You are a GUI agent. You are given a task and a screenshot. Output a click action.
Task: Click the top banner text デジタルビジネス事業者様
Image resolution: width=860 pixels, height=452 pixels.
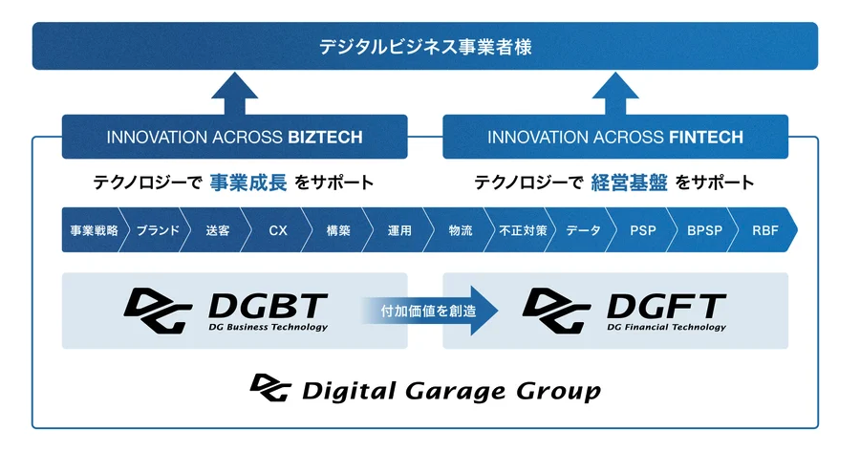425,47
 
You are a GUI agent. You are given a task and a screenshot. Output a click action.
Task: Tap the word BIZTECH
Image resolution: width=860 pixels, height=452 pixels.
325,138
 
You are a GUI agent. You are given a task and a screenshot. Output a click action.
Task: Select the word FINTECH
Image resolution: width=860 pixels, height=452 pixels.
706,138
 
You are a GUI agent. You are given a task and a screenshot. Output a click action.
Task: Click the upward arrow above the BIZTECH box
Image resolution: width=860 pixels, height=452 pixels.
235,94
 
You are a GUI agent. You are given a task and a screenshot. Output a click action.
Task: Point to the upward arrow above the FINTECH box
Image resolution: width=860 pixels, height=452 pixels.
615,94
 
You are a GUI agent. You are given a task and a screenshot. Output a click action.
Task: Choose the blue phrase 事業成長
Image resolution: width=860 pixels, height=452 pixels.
247,183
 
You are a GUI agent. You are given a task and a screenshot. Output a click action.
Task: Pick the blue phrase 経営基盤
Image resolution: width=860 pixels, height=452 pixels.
629,183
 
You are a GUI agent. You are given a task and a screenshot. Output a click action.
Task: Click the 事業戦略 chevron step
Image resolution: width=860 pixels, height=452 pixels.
95,230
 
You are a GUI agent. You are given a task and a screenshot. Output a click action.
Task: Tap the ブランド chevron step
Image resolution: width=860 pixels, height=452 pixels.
158,230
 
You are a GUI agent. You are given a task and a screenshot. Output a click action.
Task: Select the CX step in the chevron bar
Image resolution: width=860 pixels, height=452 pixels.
278,230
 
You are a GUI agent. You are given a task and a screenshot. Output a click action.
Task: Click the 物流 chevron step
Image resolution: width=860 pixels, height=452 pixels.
461,230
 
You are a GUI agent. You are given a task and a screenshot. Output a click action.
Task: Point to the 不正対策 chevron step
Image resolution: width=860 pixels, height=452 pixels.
523,230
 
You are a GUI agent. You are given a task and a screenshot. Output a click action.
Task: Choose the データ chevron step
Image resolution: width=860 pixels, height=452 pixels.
583,230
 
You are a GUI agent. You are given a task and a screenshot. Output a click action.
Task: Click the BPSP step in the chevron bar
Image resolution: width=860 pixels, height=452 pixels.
705,230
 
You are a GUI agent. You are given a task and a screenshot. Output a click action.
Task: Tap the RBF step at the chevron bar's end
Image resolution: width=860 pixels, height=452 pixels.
765,230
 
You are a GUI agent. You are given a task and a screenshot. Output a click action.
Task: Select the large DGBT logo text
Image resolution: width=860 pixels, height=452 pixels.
268,306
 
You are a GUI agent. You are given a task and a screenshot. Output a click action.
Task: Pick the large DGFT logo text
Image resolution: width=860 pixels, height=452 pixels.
666,306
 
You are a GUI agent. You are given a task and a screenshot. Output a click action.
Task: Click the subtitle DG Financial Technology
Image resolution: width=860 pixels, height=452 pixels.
666,328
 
